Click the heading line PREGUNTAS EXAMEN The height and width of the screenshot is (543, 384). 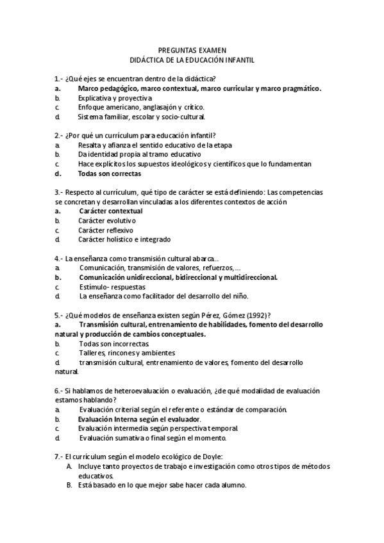tap(192, 49)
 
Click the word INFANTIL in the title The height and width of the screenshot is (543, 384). tap(237, 60)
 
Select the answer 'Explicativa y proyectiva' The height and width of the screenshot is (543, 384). tap(115, 98)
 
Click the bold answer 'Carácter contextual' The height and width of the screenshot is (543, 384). tap(111, 211)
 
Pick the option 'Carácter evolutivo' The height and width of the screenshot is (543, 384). tap(107, 220)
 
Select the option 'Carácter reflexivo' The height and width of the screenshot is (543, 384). tap(106, 230)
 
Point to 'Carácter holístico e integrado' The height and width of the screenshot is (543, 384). tap(125, 239)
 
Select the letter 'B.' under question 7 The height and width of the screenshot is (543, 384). tap(69, 485)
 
